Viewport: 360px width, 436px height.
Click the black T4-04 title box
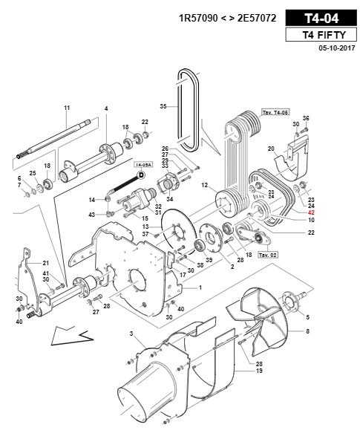(321, 18)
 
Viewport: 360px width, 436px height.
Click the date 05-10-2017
(337, 48)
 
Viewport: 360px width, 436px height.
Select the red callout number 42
(311, 212)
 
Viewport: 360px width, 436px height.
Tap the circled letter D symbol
(141, 175)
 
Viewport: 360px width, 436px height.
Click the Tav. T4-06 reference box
(275, 112)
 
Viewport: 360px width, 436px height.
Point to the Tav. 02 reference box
(268, 255)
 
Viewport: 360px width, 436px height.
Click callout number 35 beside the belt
(163, 106)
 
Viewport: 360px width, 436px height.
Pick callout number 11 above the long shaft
(67, 108)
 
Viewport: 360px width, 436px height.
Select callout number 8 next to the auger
(307, 331)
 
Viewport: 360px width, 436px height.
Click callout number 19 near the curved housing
(259, 371)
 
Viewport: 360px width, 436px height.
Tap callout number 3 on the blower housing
(131, 333)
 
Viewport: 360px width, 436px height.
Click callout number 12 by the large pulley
(204, 185)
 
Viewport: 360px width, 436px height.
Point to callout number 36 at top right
(306, 118)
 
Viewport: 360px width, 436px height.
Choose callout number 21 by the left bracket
(45, 263)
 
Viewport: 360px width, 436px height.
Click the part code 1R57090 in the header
(198, 19)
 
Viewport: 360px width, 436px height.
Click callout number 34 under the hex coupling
(169, 199)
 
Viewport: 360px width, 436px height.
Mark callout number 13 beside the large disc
(145, 227)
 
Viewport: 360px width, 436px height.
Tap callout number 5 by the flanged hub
(307, 317)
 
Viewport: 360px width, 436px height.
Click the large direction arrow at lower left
(72, 336)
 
